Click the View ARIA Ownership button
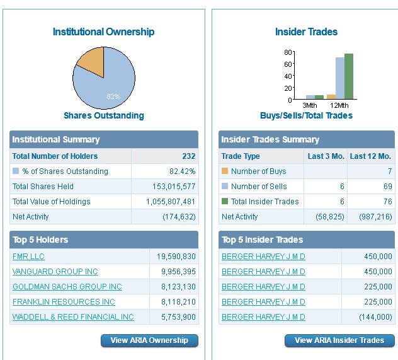click(x=149, y=340)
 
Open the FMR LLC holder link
click(x=28, y=257)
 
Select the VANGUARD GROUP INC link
click(x=55, y=272)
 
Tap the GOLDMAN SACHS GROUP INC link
click(x=67, y=287)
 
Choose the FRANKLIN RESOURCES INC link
click(x=64, y=302)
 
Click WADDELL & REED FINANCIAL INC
click(x=73, y=317)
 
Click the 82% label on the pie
click(x=113, y=96)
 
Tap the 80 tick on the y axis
click(x=288, y=52)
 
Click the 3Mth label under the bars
click(x=310, y=105)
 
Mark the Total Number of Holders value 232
click(x=188, y=156)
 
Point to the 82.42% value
click(x=183, y=171)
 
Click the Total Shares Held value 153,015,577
click(x=174, y=187)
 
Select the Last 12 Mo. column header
click(x=370, y=156)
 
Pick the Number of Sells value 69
click(x=387, y=187)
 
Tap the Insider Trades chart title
click(x=306, y=32)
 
